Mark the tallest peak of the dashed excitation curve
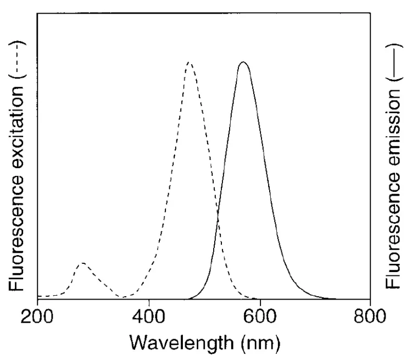tap(189, 63)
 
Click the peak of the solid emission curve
tap(243, 62)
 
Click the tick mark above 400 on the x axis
tap(149, 297)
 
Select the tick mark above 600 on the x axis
tap(260, 297)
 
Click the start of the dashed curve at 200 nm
tap(38, 296)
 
